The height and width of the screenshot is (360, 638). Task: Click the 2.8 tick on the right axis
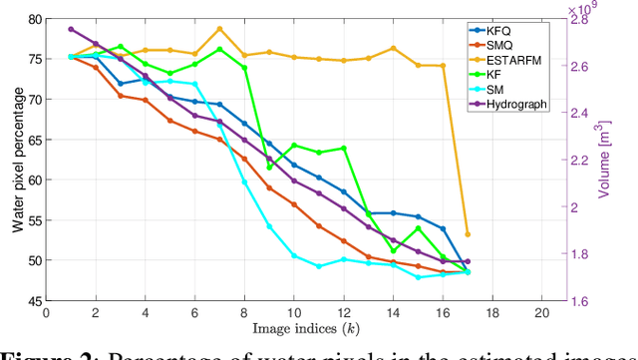click(581, 19)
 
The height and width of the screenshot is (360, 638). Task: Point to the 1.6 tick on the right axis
click(581, 301)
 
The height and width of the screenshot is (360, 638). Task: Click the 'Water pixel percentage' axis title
click(17, 160)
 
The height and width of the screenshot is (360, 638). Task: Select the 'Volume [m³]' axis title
click(605, 160)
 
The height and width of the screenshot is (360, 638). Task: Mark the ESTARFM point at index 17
click(468, 234)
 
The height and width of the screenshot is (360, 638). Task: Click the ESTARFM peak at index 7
click(219, 29)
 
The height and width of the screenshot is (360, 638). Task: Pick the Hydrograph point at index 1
click(71, 29)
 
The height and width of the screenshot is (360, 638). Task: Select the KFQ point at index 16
click(443, 228)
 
